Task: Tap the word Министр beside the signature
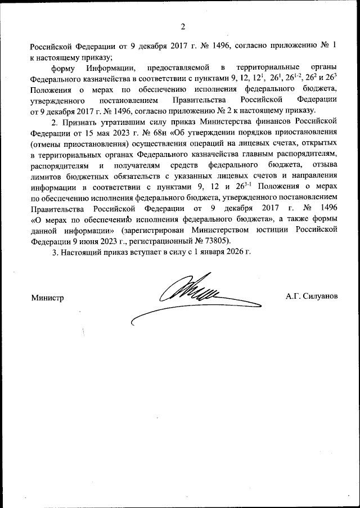[48, 296]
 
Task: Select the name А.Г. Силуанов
[312, 296]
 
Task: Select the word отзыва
[323, 165]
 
